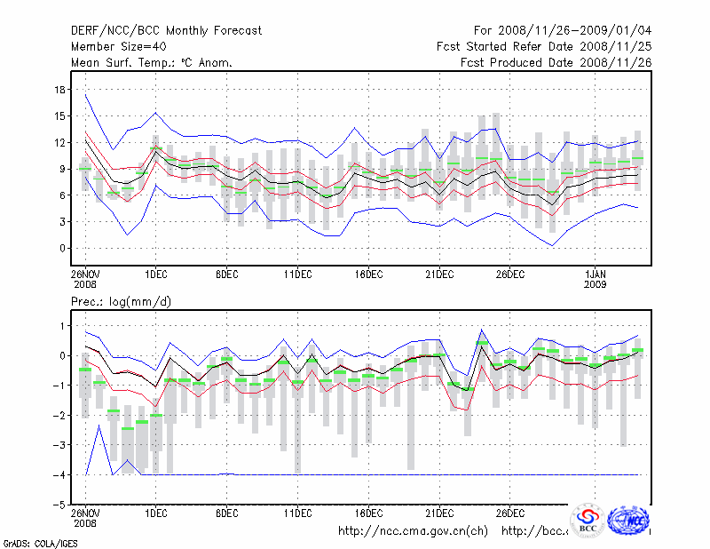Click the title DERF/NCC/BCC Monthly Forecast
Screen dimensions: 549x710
tap(166, 30)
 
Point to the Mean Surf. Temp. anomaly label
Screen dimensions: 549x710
tap(151, 62)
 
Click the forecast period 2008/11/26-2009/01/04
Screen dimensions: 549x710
tap(563, 30)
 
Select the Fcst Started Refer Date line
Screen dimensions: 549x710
tap(544, 46)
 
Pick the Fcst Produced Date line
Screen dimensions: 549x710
tap(556, 62)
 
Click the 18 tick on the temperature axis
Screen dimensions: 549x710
tap(59, 90)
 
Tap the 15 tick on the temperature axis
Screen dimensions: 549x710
tap(59, 115)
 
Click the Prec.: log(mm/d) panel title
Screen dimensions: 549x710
tap(122, 302)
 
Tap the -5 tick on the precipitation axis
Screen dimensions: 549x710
tap(59, 505)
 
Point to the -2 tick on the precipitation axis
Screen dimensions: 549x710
tap(59, 415)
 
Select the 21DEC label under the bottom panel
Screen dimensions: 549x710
tap(439, 513)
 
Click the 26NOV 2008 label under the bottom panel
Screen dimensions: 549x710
tap(85, 518)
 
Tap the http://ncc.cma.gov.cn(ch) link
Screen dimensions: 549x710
tap(413, 531)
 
